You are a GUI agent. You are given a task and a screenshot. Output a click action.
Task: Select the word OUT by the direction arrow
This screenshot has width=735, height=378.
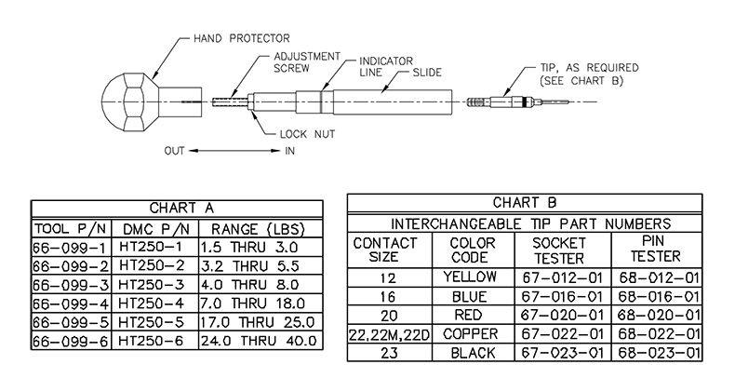178,150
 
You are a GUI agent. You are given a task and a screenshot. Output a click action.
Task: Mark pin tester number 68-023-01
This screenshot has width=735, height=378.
657,353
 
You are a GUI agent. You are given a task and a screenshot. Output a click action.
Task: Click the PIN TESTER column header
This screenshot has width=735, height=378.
657,249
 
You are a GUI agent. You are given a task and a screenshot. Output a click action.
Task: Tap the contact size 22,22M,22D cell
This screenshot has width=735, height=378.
388,333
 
